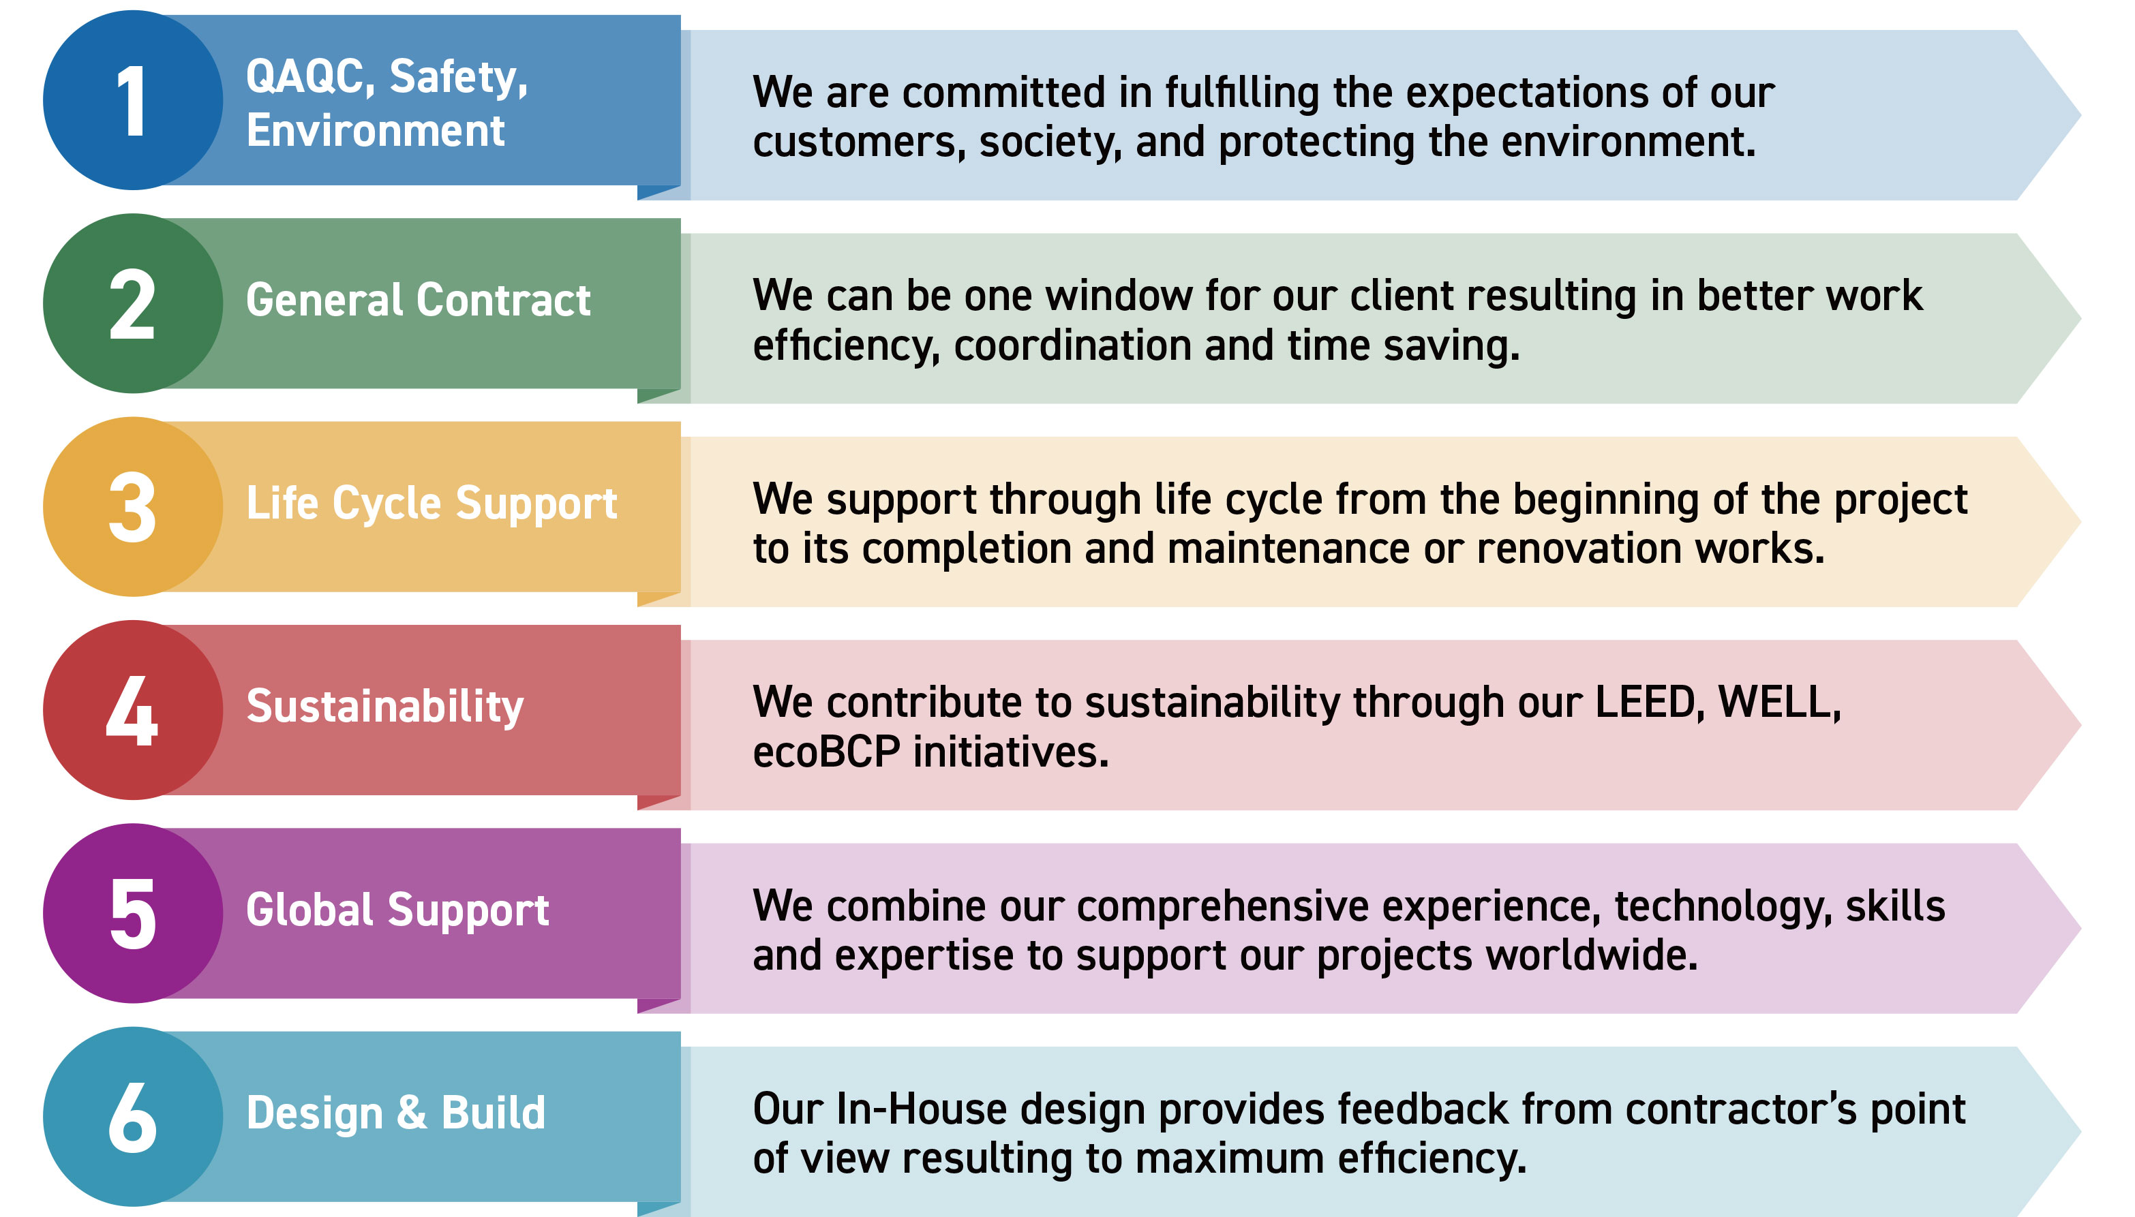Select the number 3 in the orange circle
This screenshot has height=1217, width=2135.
click(132, 508)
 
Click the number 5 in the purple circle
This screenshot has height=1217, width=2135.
click(133, 914)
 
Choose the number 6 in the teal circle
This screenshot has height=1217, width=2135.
click(133, 1117)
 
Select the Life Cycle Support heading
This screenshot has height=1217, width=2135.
click(431, 504)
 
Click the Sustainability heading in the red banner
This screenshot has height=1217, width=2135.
click(384, 707)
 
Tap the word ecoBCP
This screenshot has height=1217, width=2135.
click(826, 752)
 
